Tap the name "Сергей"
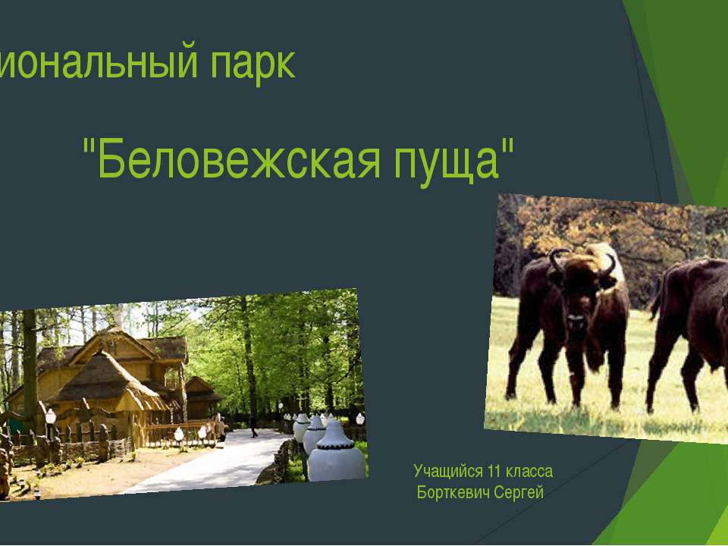pyautogui.click(x=519, y=493)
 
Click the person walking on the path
pyautogui.click(x=254, y=427)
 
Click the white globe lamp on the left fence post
pyautogui.click(x=50, y=416)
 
